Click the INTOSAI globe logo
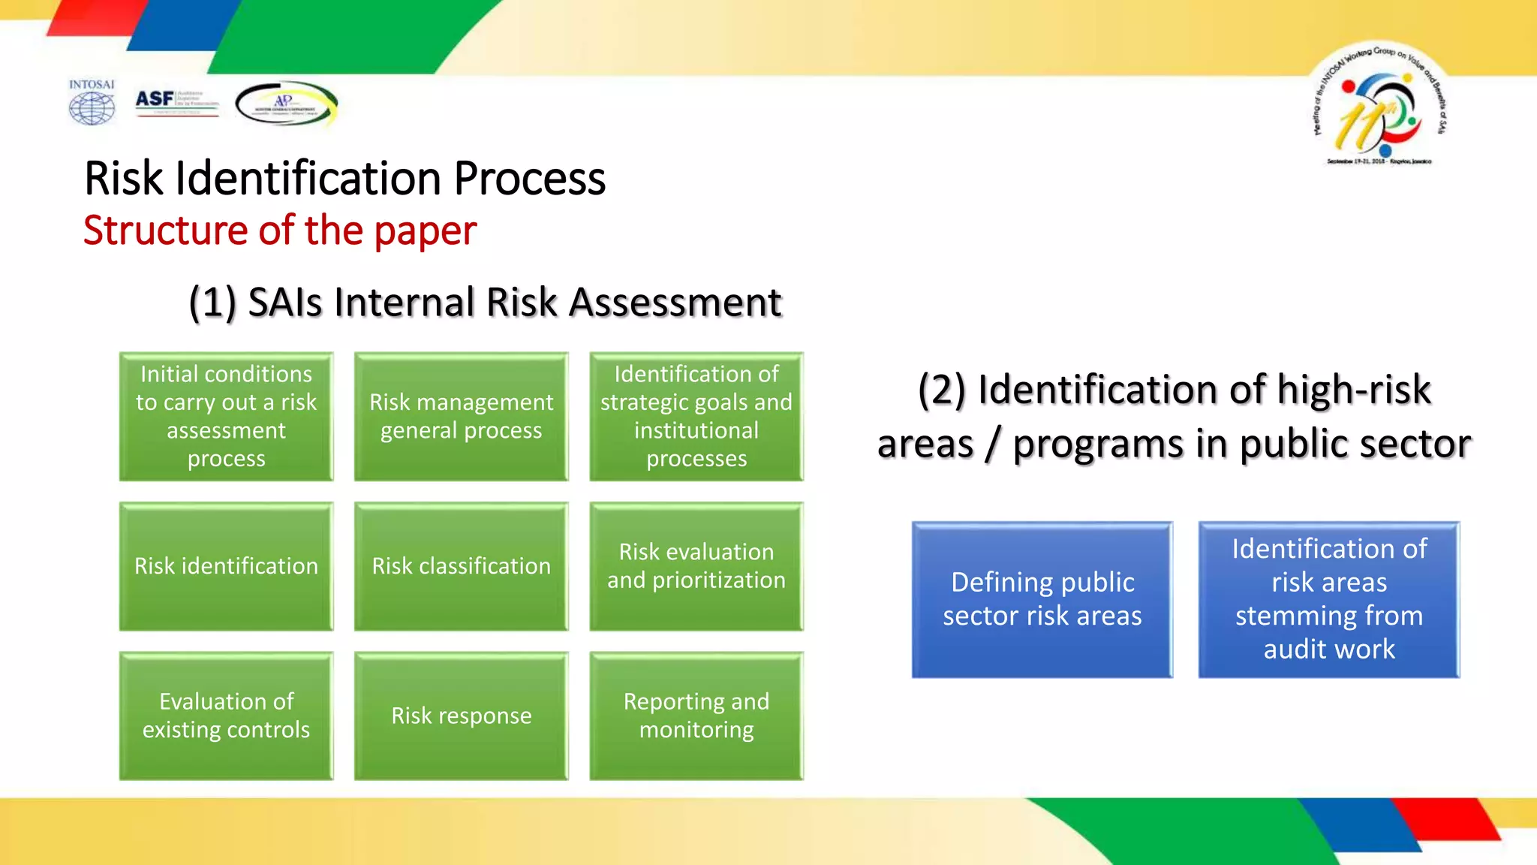(x=92, y=103)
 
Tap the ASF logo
(x=176, y=101)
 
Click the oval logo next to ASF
(x=286, y=104)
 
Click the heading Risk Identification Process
(x=344, y=179)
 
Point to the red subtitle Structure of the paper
(x=279, y=231)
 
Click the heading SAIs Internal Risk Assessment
(x=484, y=303)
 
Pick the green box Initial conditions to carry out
(x=226, y=416)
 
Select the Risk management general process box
(x=461, y=416)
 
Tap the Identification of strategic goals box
(x=696, y=416)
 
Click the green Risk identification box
(x=226, y=566)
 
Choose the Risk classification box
(x=461, y=566)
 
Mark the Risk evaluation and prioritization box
(x=696, y=566)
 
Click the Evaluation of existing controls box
(x=226, y=716)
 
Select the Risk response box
(x=461, y=716)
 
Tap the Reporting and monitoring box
(x=696, y=716)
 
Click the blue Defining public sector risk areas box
(x=1042, y=599)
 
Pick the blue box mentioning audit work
(x=1328, y=599)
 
